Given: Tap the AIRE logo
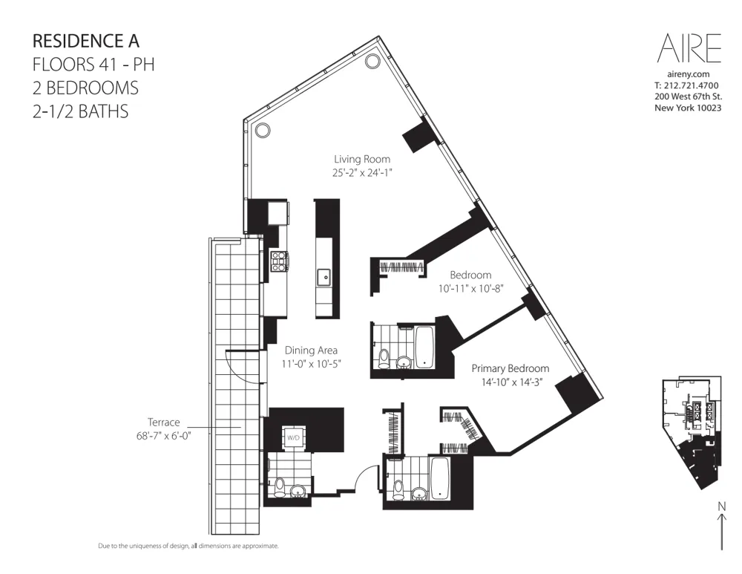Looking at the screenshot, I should click(x=689, y=49).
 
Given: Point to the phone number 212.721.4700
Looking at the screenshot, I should click(x=692, y=85).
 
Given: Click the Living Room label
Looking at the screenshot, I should click(x=361, y=159).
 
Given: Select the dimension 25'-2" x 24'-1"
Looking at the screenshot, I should click(x=361, y=172).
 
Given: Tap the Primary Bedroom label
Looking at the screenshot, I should click(x=510, y=368).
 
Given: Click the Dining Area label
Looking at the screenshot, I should click(x=312, y=350).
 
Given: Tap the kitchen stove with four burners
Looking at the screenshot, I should click(x=279, y=258).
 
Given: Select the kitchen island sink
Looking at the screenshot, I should click(x=324, y=278).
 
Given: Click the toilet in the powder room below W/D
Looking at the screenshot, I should click(x=279, y=487).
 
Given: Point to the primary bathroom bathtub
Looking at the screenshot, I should click(x=440, y=477).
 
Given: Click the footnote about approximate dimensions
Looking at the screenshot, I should click(x=188, y=546).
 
